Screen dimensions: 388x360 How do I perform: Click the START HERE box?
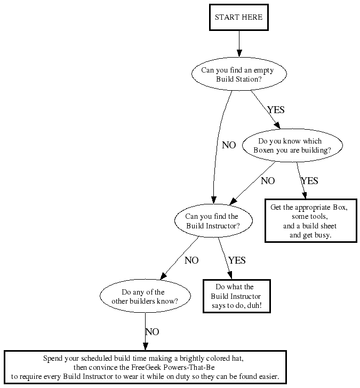click(238, 17)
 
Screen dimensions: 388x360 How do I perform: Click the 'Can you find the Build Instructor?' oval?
click(212, 221)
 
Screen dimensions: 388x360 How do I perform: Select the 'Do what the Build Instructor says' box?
click(236, 296)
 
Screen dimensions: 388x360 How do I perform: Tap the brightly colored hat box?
click(145, 367)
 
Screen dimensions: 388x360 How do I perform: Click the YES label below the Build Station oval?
click(276, 110)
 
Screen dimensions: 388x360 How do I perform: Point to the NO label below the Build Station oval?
click(229, 145)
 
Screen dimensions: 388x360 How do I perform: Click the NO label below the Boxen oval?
click(268, 181)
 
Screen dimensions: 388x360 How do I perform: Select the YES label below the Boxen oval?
click(309, 181)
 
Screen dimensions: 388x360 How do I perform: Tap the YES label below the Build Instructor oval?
click(237, 260)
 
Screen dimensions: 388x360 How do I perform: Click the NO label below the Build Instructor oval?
click(191, 260)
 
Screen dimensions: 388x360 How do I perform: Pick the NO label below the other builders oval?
click(152, 331)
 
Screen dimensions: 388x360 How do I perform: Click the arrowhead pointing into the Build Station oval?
click(238, 53)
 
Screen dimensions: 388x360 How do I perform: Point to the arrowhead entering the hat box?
click(145, 346)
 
